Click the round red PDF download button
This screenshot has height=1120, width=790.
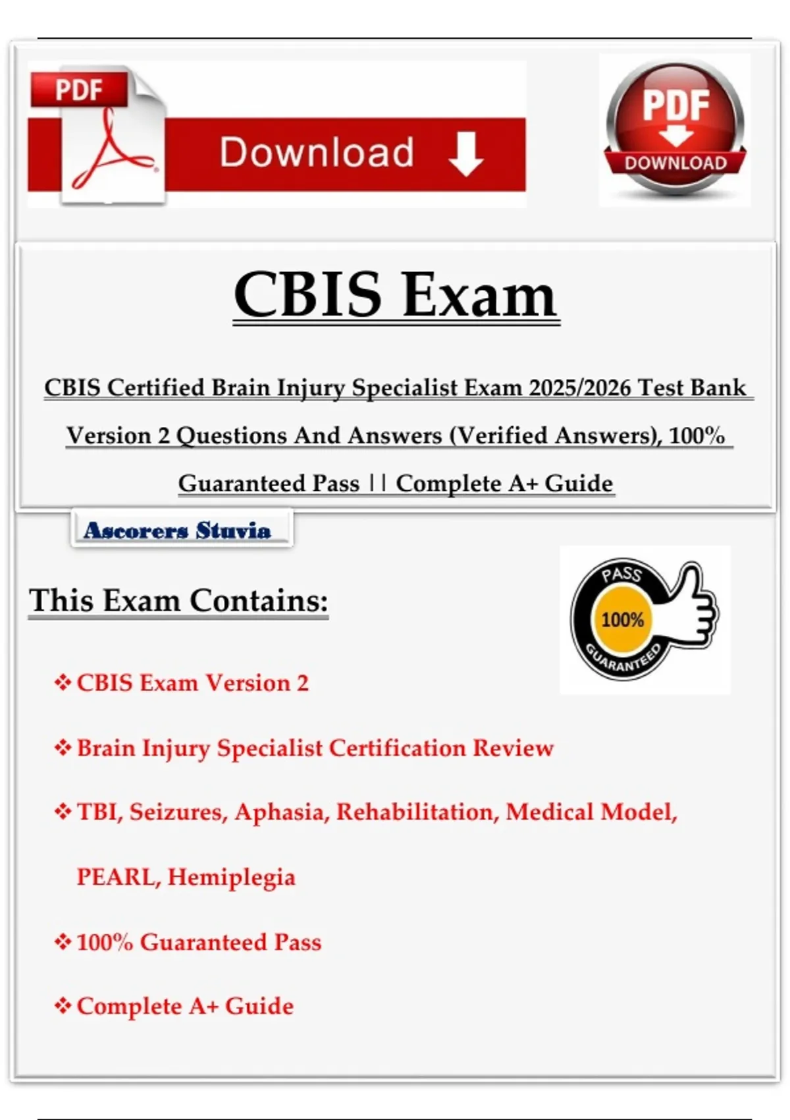pyautogui.click(x=675, y=129)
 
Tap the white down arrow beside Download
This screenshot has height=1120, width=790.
pyautogui.click(x=465, y=154)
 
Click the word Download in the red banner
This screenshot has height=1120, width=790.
pyautogui.click(x=317, y=152)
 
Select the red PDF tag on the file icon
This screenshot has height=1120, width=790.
pyautogui.click(x=79, y=89)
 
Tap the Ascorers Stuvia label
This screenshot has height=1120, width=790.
pyautogui.click(x=177, y=530)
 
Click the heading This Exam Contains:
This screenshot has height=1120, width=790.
pyautogui.click(x=178, y=600)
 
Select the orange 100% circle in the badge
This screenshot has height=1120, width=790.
pyautogui.click(x=622, y=620)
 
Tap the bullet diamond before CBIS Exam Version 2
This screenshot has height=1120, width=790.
pyautogui.click(x=63, y=683)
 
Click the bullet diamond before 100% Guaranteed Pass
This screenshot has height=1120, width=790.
pyautogui.click(x=63, y=942)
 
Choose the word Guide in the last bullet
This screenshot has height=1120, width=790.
pyautogui.click(x=259, y=1007)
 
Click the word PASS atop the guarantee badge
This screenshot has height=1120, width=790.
pyautogui.click(x=621, y=574)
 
